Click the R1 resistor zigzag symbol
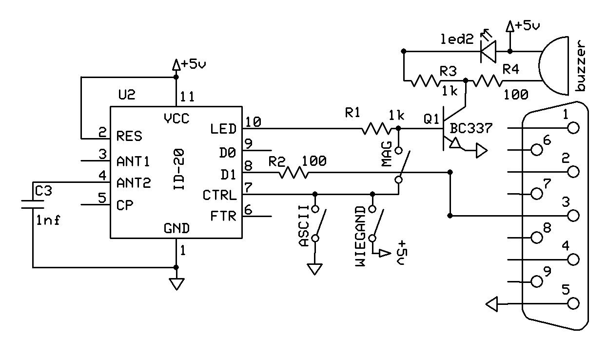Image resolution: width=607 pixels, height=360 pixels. click(376, 129)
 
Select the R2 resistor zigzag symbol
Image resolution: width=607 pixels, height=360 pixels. click(293, 172)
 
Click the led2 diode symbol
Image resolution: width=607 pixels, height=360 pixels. click(488, 51)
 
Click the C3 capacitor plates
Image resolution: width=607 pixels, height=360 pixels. click(33, 204)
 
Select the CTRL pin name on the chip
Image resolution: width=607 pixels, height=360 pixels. click(219, 196)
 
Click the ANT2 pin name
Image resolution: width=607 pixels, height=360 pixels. click(133, 183)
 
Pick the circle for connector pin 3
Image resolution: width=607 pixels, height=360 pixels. click(573, 215)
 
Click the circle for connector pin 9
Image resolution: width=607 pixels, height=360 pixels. click(537, 281)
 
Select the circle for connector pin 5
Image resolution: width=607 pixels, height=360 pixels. click(573, 303)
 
